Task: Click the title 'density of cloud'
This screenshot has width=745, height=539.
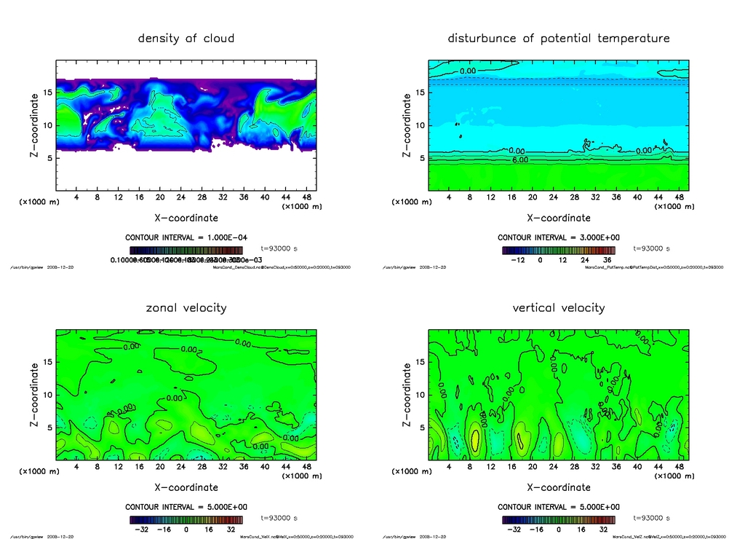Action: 186,38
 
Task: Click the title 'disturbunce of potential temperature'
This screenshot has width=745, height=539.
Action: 559,38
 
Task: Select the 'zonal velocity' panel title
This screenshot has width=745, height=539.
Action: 186,307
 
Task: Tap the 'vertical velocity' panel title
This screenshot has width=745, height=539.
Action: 559,307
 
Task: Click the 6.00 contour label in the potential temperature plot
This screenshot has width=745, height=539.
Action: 519,158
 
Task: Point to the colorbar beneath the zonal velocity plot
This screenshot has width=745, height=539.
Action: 186,520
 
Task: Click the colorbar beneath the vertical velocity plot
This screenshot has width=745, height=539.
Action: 558,520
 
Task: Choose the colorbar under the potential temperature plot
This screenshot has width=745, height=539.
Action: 558,250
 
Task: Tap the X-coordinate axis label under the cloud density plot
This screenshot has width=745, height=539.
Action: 186,218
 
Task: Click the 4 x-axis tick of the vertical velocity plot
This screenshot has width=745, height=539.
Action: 449,466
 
